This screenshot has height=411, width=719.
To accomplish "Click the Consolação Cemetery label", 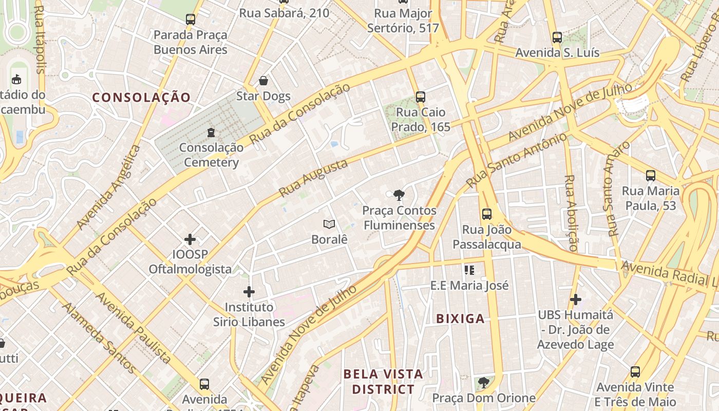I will pyautogui.click(x=211, y=155).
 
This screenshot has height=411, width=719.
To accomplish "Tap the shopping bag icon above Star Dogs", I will pyautogui.click(x=263, y=81).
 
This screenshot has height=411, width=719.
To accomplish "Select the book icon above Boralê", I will pyautogui.click(x=329, y=224).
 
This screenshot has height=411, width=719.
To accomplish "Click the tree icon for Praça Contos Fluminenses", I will pyautogui.click(x=399, y=195).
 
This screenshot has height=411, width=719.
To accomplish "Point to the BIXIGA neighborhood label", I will pyautogui.click(x=460, y=319).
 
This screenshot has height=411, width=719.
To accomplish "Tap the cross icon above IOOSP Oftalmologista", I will pyautogui.click(x=190, y=239).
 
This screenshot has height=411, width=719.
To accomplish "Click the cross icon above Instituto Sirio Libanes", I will pyautogui.click(x=249, y=292).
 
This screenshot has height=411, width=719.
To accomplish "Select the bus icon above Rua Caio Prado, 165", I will pyautogui.click(x=421, y=97).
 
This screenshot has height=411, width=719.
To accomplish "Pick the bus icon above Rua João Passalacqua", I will pyautogui.click(x=486, y=214).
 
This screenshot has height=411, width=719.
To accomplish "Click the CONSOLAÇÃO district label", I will pyautogui.click(x=141, y=98).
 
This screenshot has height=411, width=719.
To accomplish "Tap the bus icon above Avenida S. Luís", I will pyautogui.click(x=557, y=37).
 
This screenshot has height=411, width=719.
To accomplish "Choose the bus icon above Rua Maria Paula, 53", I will pyautogui.click(x=651, y=176).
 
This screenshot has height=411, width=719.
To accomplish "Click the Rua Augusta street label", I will pyautogui.click(x=313, y=178).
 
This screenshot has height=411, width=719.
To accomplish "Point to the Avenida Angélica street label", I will pyautogui.click(x=108, y=188).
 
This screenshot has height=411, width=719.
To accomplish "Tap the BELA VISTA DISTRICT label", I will pyautogui.click(x=383, y=382).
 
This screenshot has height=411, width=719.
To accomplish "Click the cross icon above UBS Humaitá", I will pyautogui.click(x=576, y=299).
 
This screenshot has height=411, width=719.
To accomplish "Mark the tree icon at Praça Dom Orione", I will pyautogui.click(x=483, y=382).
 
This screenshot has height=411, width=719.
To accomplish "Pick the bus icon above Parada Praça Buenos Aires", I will pyautogui.click(x=191, y=20).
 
